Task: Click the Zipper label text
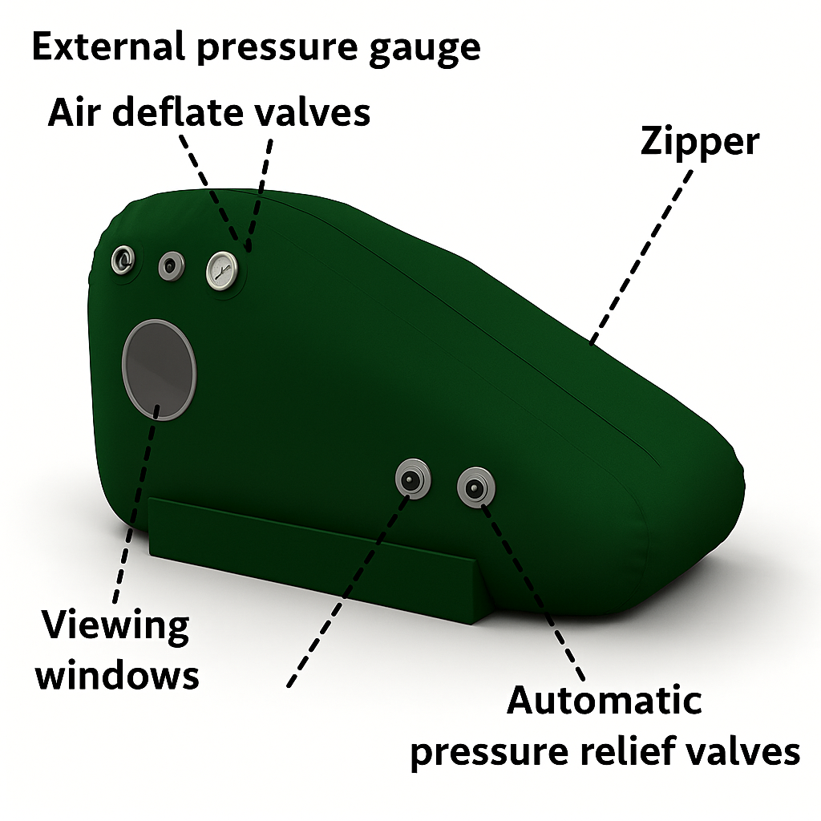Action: [x=699, y=143]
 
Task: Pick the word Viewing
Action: [x=115, y=626]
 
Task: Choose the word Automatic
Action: [x=605, y=701]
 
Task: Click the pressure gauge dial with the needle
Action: [x=224, y=270]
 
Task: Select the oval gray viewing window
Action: [x=159, y=369]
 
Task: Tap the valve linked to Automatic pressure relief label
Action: [x=476, y=486]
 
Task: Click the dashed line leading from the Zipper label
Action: [x=641, y=249]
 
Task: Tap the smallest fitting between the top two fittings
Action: [x=171, y=265]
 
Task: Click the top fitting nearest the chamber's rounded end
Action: [x=123, y=260]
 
